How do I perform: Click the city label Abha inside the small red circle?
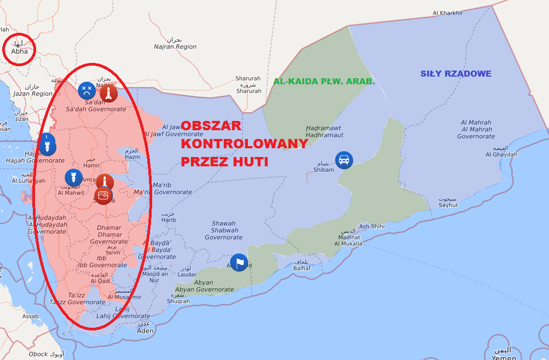pyautogui.click(x=19, y=51)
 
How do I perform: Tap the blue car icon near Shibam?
pyautogui.click(x=344, y=160)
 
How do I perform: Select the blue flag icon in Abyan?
pyautogui.click(x=239, y=263)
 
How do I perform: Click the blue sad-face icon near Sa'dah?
pyautogui.click(x=86, y=90)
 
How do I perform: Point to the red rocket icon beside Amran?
pyautogui.click(x=105, y=182)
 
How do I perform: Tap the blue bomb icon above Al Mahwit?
pyautogui.click(x=73, y=177)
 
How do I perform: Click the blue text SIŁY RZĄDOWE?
pyautogui.click(x=455, y=74)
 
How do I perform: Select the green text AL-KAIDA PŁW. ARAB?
pyautogui.click(x=324, y=82)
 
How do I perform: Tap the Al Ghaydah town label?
pyautogui.click(x=501, y=154)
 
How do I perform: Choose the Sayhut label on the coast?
pyautogui.click(x=448, y=205)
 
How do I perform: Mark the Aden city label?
pyautogui.click(x=145, y=331)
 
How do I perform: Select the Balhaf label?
pyautogui.click(x=302, y=268)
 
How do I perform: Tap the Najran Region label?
pyautogui.click(x=175, y=47)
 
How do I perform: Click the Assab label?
pyautogui.click(x=30, y=316)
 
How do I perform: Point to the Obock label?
pyautogui.click(x=38, y=354)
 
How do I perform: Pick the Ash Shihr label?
pyautogui.click(x=372, y=227)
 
